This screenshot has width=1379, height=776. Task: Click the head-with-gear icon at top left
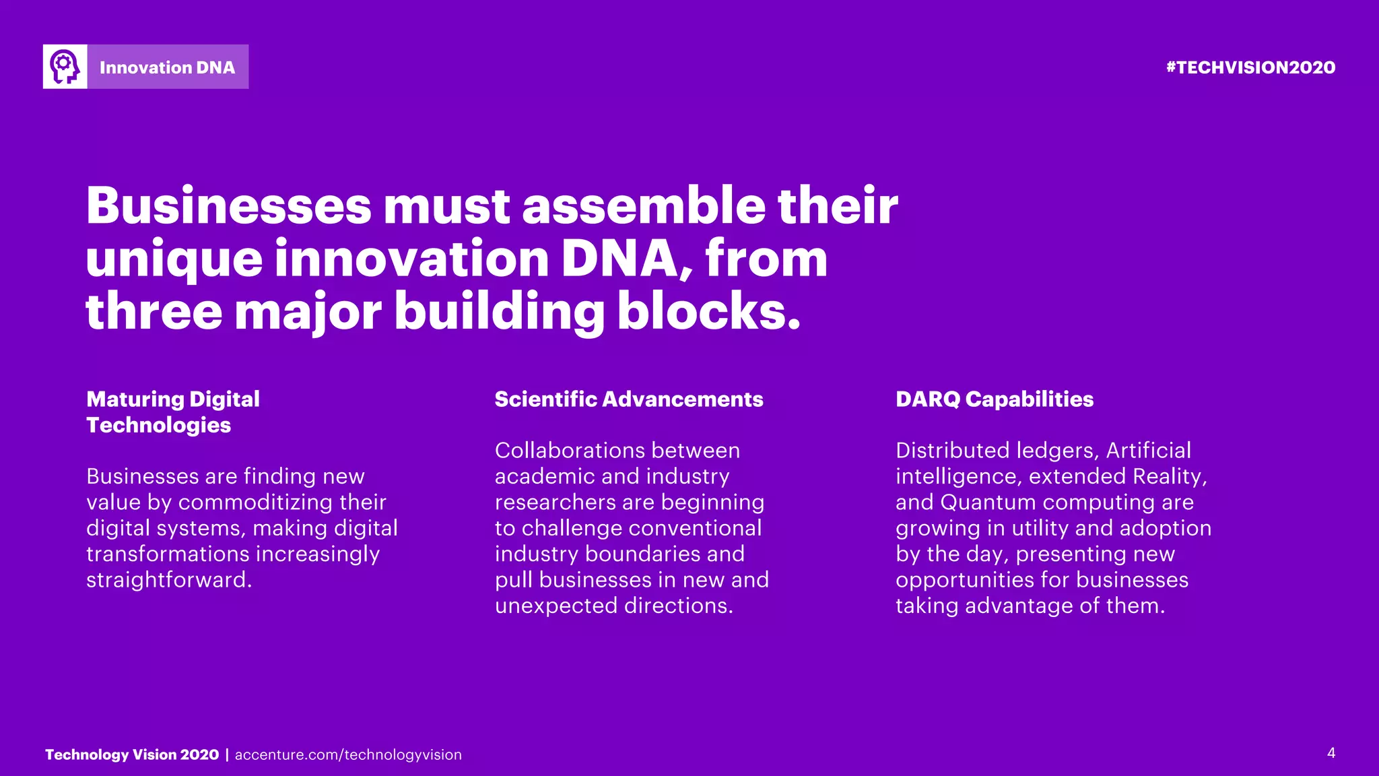click(x=65, y=67)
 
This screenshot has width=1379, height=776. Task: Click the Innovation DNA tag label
click(x=167, y=67)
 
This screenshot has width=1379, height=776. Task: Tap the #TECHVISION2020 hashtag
click(x=1250, y=67)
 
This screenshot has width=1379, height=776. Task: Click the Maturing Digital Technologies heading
click(x=172, y=412)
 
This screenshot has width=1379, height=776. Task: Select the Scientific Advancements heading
click(x=629, y=399)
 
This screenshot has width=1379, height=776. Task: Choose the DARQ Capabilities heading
click(x=994, y=399)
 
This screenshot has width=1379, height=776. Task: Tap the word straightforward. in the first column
click(x=169, y=580)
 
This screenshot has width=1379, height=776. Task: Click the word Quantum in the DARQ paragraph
click(x=988, y=503)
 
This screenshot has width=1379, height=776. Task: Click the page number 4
click(x=1331, y=753)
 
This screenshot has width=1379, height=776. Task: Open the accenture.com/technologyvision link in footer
click(x=348, y=755)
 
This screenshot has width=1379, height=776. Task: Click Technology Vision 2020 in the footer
click(x=132, y=755)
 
